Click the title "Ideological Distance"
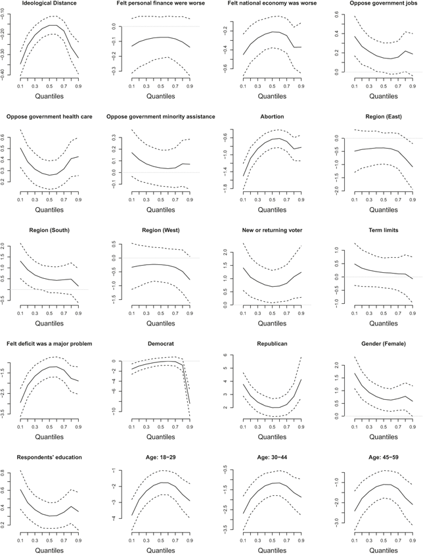[x=49, y=3]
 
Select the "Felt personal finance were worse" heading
[x=161, y=3]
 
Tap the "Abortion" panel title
[x=272, y=116]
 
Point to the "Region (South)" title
[x=49, y=230]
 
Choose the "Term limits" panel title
[x=384, y=230]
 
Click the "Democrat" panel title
[x=161, y=344]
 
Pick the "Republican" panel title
[x=272, y=344]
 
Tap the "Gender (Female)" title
[x=384, y=344]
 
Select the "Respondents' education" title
[x=49, y=457]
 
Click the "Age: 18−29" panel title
[x=161, y=457]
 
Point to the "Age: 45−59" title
[x=384, y=457]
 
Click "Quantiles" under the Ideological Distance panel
[x=49, y=96]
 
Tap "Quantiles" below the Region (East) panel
[x=384, y=210]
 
